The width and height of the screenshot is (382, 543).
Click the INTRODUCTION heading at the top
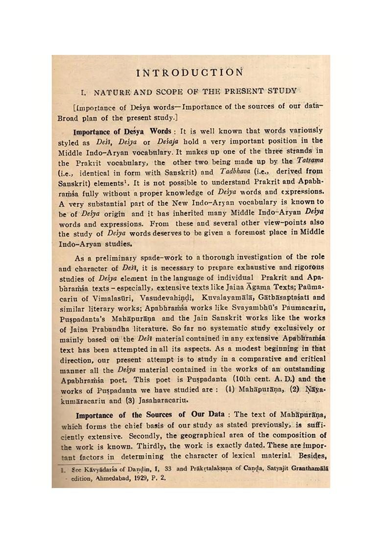point(190,73)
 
